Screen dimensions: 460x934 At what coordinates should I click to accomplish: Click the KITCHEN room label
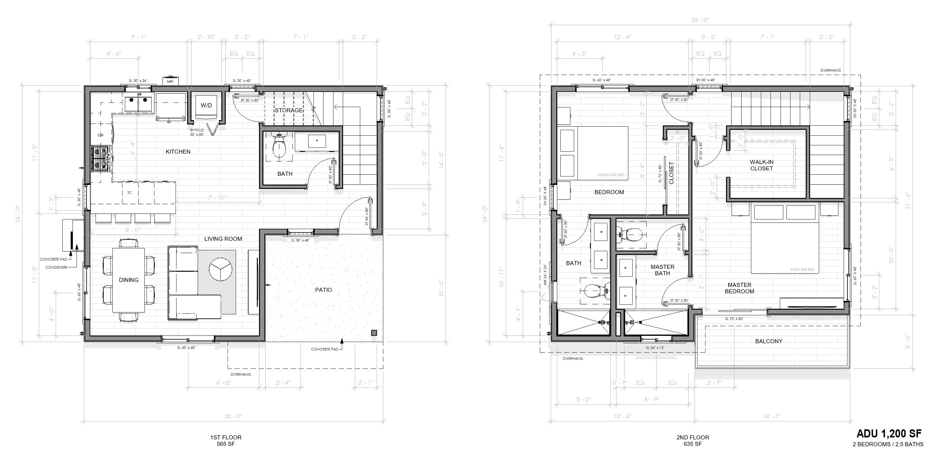[x=178, y=152]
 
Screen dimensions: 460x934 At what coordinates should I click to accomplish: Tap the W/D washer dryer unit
[x=206, y=106]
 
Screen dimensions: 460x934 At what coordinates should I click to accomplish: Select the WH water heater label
[x=170, y=82]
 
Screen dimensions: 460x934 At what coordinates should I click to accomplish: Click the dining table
[x=128, y=280]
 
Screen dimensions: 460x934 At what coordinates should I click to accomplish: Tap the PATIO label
[x=323, y=290]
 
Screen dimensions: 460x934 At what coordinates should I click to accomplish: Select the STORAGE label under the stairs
[x=288, y=110]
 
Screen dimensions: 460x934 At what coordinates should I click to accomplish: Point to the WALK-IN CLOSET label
[x=762, y=165]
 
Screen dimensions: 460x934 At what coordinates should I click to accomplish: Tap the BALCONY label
[x=769, y=341]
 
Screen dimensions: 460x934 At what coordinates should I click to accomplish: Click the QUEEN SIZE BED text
[x=611, y=175]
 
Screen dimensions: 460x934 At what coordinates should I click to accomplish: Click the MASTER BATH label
[x=663, y=270]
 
